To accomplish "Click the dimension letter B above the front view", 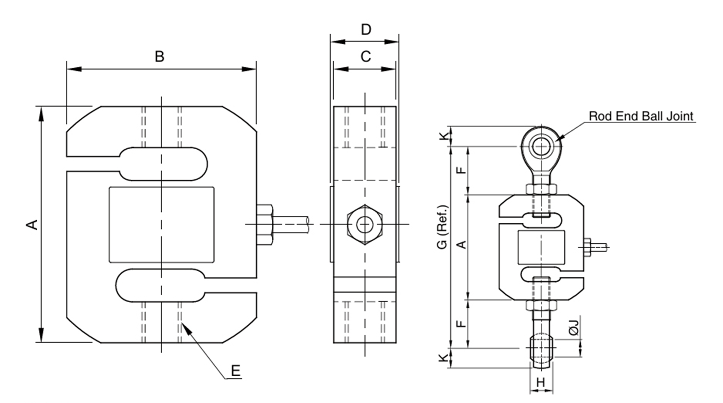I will point(160,57).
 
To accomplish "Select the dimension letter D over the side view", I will point(366,29).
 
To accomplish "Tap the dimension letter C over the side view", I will point(366,56).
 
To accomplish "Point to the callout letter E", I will point(236,371).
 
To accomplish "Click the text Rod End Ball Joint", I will point(641,116).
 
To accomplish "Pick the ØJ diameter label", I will point(573,328).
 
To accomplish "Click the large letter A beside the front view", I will point(33,225).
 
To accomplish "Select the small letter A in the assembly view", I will point(461,244).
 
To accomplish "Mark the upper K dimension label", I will point(444,136).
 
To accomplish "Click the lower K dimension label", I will point(444,358).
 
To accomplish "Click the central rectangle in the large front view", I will point(161,225).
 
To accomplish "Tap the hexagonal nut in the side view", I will point(364,225).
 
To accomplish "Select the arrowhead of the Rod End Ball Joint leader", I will point(559,138).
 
